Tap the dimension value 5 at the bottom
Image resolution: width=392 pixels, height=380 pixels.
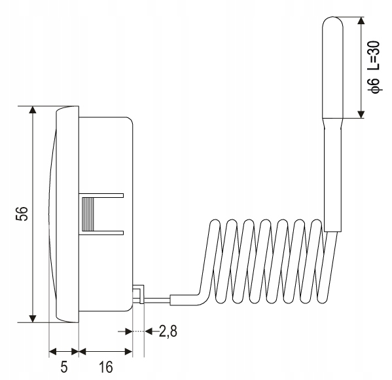63,367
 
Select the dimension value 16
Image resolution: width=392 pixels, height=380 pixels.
105,367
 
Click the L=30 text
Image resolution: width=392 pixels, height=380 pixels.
374,55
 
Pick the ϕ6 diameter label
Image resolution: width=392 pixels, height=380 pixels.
374,88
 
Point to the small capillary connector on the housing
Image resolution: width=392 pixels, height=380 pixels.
138,294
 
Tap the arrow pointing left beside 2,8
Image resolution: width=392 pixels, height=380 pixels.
149,332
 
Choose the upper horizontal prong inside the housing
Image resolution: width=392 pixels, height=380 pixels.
105,195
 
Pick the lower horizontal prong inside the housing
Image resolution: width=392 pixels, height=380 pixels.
105,231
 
